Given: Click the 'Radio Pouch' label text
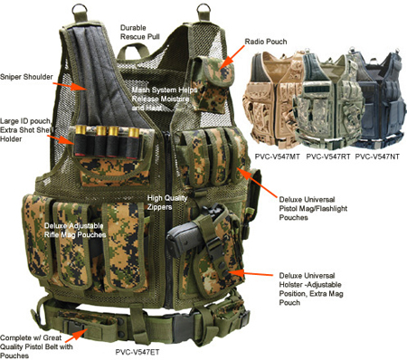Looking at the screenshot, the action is (x=266, y=42).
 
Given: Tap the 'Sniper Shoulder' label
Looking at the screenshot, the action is (x=26, y=77).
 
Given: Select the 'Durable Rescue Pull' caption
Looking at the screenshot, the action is (x=140, y=33).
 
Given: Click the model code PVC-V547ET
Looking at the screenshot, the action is (x=137, y=352).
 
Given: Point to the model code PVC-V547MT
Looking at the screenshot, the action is (x=278, y=156).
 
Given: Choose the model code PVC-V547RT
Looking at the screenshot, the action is (x=328, y=156).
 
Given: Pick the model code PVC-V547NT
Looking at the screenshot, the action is (x=377, y=156).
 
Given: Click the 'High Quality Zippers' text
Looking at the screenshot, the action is (x=167, y=203).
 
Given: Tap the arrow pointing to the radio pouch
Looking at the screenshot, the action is (x=232, y=57).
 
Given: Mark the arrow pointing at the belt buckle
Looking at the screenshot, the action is (x=80, y=334).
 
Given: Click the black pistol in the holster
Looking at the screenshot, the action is (x=188, y=232).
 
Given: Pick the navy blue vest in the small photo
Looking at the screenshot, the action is (x=382, y=98).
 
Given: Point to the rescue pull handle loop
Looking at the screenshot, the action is (x=133, y=51).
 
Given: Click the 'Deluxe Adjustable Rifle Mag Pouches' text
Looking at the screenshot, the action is (x=75, y=231).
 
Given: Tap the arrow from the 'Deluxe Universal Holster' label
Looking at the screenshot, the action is (x=252, y=273).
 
